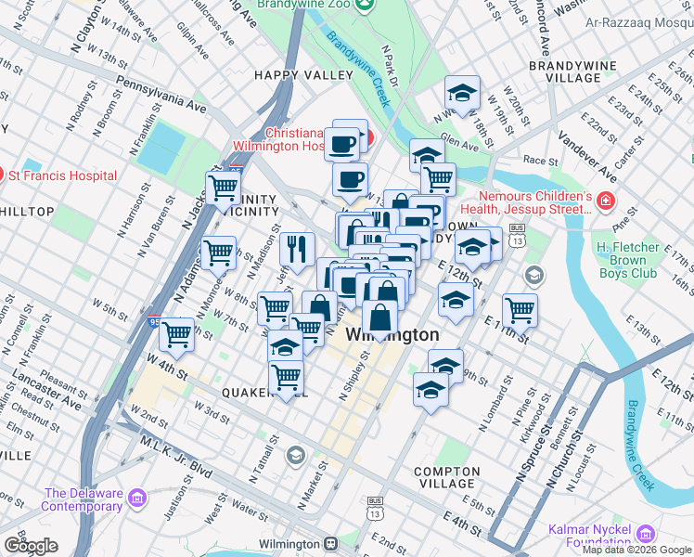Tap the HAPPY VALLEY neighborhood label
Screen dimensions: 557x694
point(302,74)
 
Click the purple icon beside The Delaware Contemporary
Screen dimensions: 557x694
point(138,499)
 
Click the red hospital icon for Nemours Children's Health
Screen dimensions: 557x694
point(606,201)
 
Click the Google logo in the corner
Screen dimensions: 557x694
point(31,546)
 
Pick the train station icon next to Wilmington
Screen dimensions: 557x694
point(329,543)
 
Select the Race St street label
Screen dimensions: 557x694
point(540,160)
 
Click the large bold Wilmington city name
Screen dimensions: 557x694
point(392,335)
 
